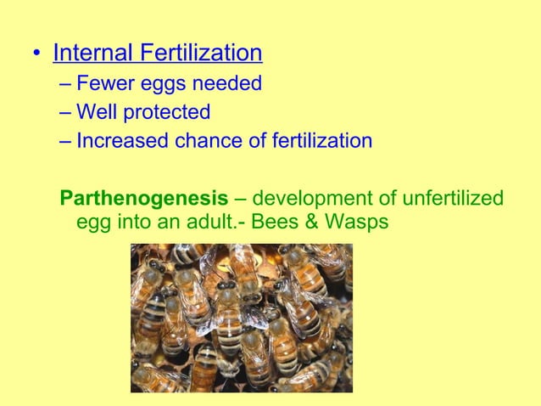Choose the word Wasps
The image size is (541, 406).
pyautogui.click(x=361, y=223)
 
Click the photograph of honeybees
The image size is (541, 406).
pyautogui.click(x=241, y=318)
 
